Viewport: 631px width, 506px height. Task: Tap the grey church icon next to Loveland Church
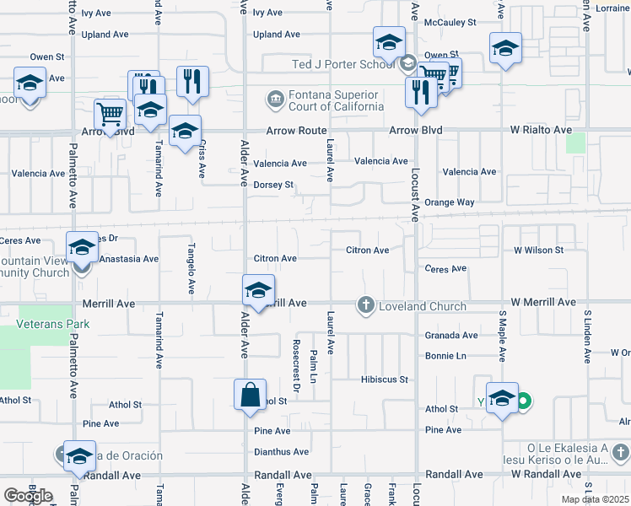coord(365,304)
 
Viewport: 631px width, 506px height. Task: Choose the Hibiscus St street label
coord(386,379)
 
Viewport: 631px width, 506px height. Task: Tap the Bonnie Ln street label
coord(445,357)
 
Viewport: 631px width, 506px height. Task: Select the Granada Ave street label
coord(450,335)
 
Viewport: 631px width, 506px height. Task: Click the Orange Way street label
coord(449,202)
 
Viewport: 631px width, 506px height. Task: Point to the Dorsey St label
coord(273,185)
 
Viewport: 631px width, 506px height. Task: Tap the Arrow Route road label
coord(295,131)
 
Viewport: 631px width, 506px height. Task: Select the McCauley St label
coord(451,23)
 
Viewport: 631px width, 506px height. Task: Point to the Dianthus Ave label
coord(281,452)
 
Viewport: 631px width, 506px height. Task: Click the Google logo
coord(28,495)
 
